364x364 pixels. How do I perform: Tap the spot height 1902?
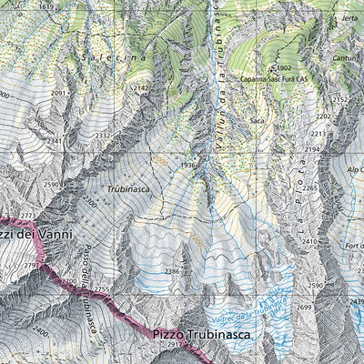pos(283,68)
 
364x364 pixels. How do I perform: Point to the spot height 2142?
pos(140,88)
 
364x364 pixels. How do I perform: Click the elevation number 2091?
pos(60,93)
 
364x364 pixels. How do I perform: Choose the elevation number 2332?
pos(102,136)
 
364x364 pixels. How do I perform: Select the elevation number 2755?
pos(102,289)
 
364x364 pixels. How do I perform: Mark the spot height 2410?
pos(310,241)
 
